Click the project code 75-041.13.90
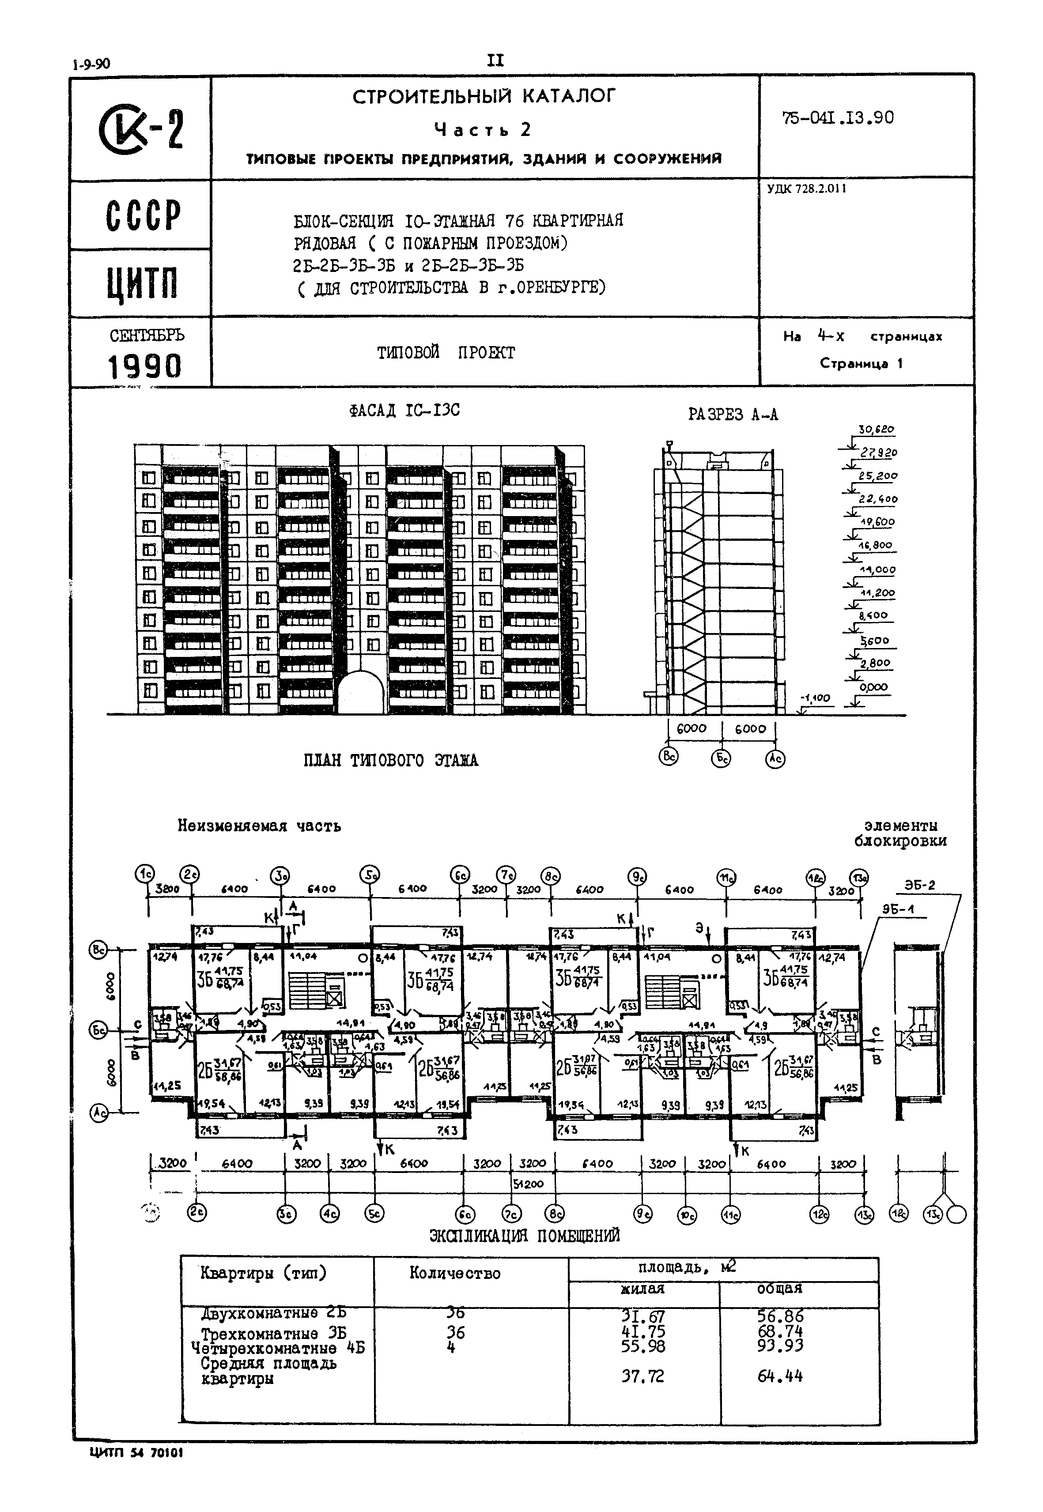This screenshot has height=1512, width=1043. pos(837,118)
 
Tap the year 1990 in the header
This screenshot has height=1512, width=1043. pos(144,366)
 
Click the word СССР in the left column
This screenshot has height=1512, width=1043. pos(143,215)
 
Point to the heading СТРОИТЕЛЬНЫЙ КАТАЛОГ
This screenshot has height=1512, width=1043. pos(484,97)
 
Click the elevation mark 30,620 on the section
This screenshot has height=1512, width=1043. pos(876,430)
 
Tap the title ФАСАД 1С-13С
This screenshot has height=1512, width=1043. pos(404,411)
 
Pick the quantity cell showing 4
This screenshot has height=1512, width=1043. pos(451,1347)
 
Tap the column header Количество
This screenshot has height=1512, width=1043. pos(455,1273)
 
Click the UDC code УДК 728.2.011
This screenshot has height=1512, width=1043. pos(806,189)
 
